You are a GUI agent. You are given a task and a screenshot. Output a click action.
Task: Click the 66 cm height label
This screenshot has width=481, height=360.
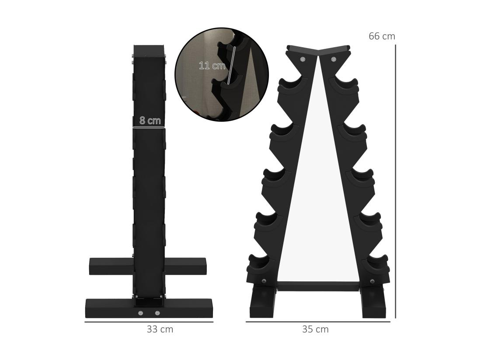point(381,36)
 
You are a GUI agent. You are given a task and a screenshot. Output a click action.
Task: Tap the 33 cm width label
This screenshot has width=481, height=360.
point(160,329)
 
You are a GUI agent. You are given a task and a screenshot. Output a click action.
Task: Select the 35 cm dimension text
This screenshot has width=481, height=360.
point(315,329)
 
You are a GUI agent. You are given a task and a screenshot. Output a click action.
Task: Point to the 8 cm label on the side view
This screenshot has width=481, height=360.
point(150,121)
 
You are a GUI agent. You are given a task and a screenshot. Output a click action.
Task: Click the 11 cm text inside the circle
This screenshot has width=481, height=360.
point(212,66)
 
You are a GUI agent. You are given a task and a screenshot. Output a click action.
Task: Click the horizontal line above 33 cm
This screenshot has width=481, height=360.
point(149,322)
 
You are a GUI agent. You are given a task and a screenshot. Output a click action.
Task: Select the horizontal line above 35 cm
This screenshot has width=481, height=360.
point(318,322)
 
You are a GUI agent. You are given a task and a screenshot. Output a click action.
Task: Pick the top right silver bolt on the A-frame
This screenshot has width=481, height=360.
point(334,59)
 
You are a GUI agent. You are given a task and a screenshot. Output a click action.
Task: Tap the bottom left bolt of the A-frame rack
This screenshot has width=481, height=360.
point(263,281)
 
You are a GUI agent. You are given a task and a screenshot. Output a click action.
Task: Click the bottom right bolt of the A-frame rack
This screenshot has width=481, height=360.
point(372,281)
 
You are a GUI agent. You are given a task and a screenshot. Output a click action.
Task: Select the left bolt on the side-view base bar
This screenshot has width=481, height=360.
point(140,313)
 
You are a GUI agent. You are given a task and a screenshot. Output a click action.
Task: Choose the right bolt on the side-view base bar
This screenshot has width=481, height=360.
point(157,313)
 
